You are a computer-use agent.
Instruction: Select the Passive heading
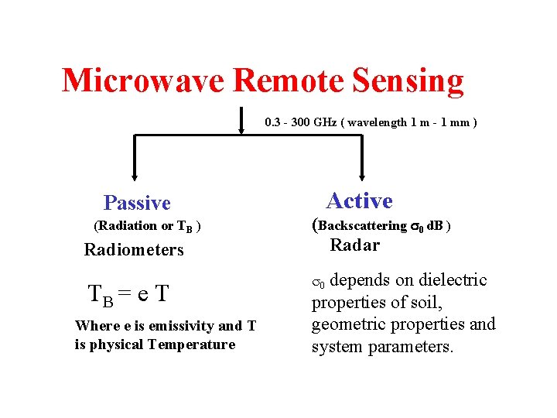coord(137,203)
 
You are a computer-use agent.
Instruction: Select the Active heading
coord(359,201)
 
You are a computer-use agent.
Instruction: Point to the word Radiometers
coord(134,250)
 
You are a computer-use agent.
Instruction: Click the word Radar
coord(354,245)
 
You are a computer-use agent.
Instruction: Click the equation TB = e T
coord(128,293)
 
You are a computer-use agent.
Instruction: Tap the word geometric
coord(347,324)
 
